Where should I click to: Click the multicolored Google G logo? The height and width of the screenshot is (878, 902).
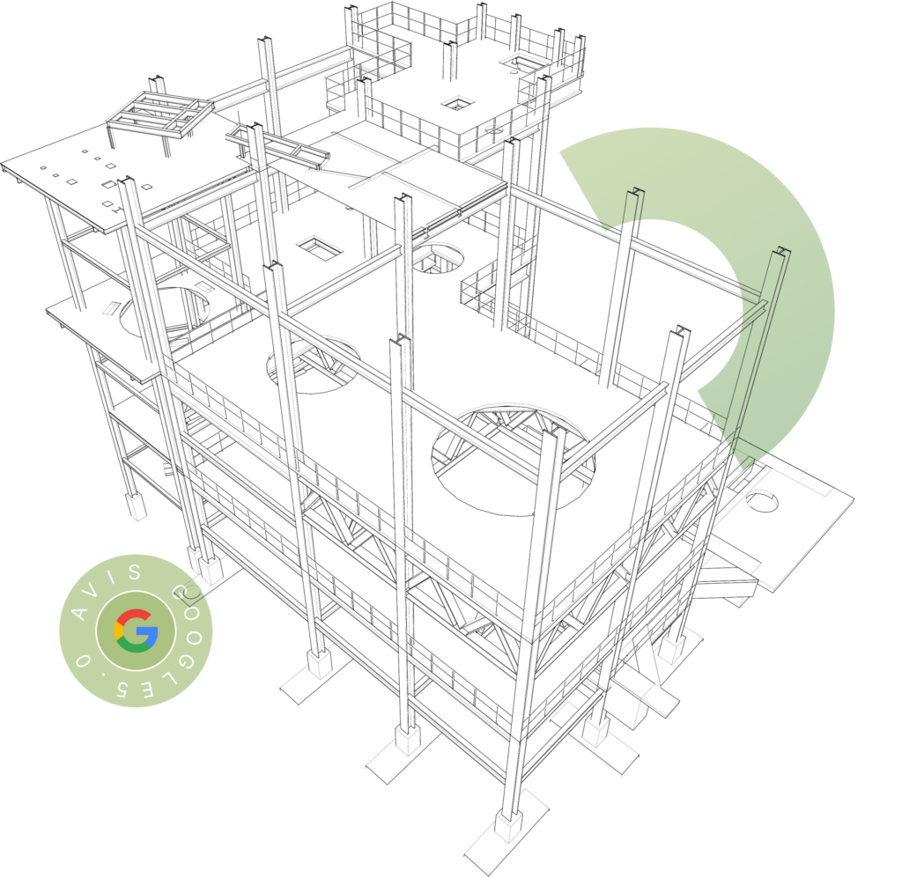(x=136, y=631)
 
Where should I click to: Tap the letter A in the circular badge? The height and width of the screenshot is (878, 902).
(x=80, y=612)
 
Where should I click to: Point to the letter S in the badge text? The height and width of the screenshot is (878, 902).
(x=135, y=572)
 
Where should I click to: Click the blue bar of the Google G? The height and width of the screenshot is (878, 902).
(x=147, y=633)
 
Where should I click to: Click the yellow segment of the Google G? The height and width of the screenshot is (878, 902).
(x=117, y=631)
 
